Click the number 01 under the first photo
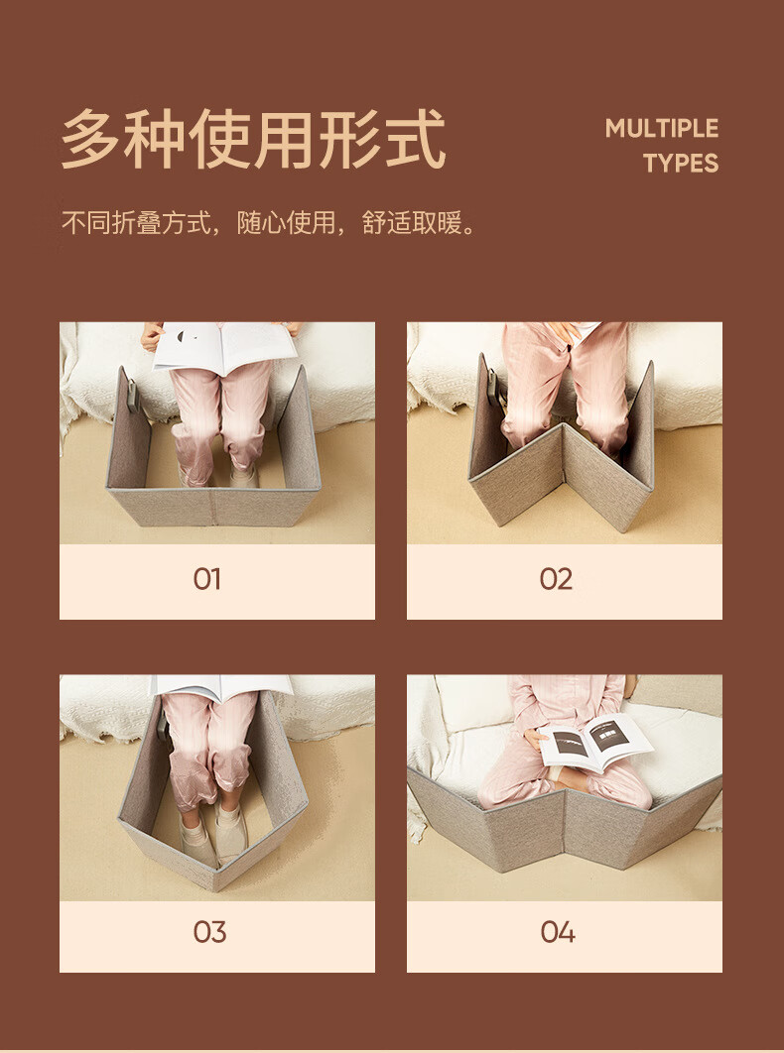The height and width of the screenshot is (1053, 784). (206, 579)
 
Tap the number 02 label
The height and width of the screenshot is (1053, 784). (556, 579)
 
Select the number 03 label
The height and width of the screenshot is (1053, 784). (209, 932)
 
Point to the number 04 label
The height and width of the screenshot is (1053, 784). (558, 932)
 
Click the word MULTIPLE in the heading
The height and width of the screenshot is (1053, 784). (662, 128)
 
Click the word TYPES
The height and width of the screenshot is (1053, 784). (681, 164)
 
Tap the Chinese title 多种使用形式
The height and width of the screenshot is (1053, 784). (253, 139)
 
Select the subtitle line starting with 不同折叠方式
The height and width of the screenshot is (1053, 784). (269, 222)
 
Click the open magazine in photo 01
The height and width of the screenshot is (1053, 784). (225, 346)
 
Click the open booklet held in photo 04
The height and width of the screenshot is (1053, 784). (595, 742)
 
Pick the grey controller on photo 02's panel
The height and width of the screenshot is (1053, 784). (494, 385)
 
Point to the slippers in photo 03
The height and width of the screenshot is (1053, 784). (214, 837)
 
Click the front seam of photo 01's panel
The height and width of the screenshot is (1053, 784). (212, 508)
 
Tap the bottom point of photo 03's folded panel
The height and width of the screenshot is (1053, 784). (215, 890)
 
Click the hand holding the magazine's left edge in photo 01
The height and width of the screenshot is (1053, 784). (151, 335)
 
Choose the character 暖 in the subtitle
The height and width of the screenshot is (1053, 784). (451, 222)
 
